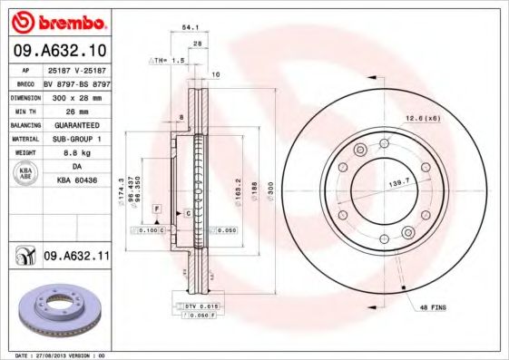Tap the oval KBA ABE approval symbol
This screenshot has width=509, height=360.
pos(25,175)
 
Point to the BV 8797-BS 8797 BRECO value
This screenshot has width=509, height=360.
pos(76,83)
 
